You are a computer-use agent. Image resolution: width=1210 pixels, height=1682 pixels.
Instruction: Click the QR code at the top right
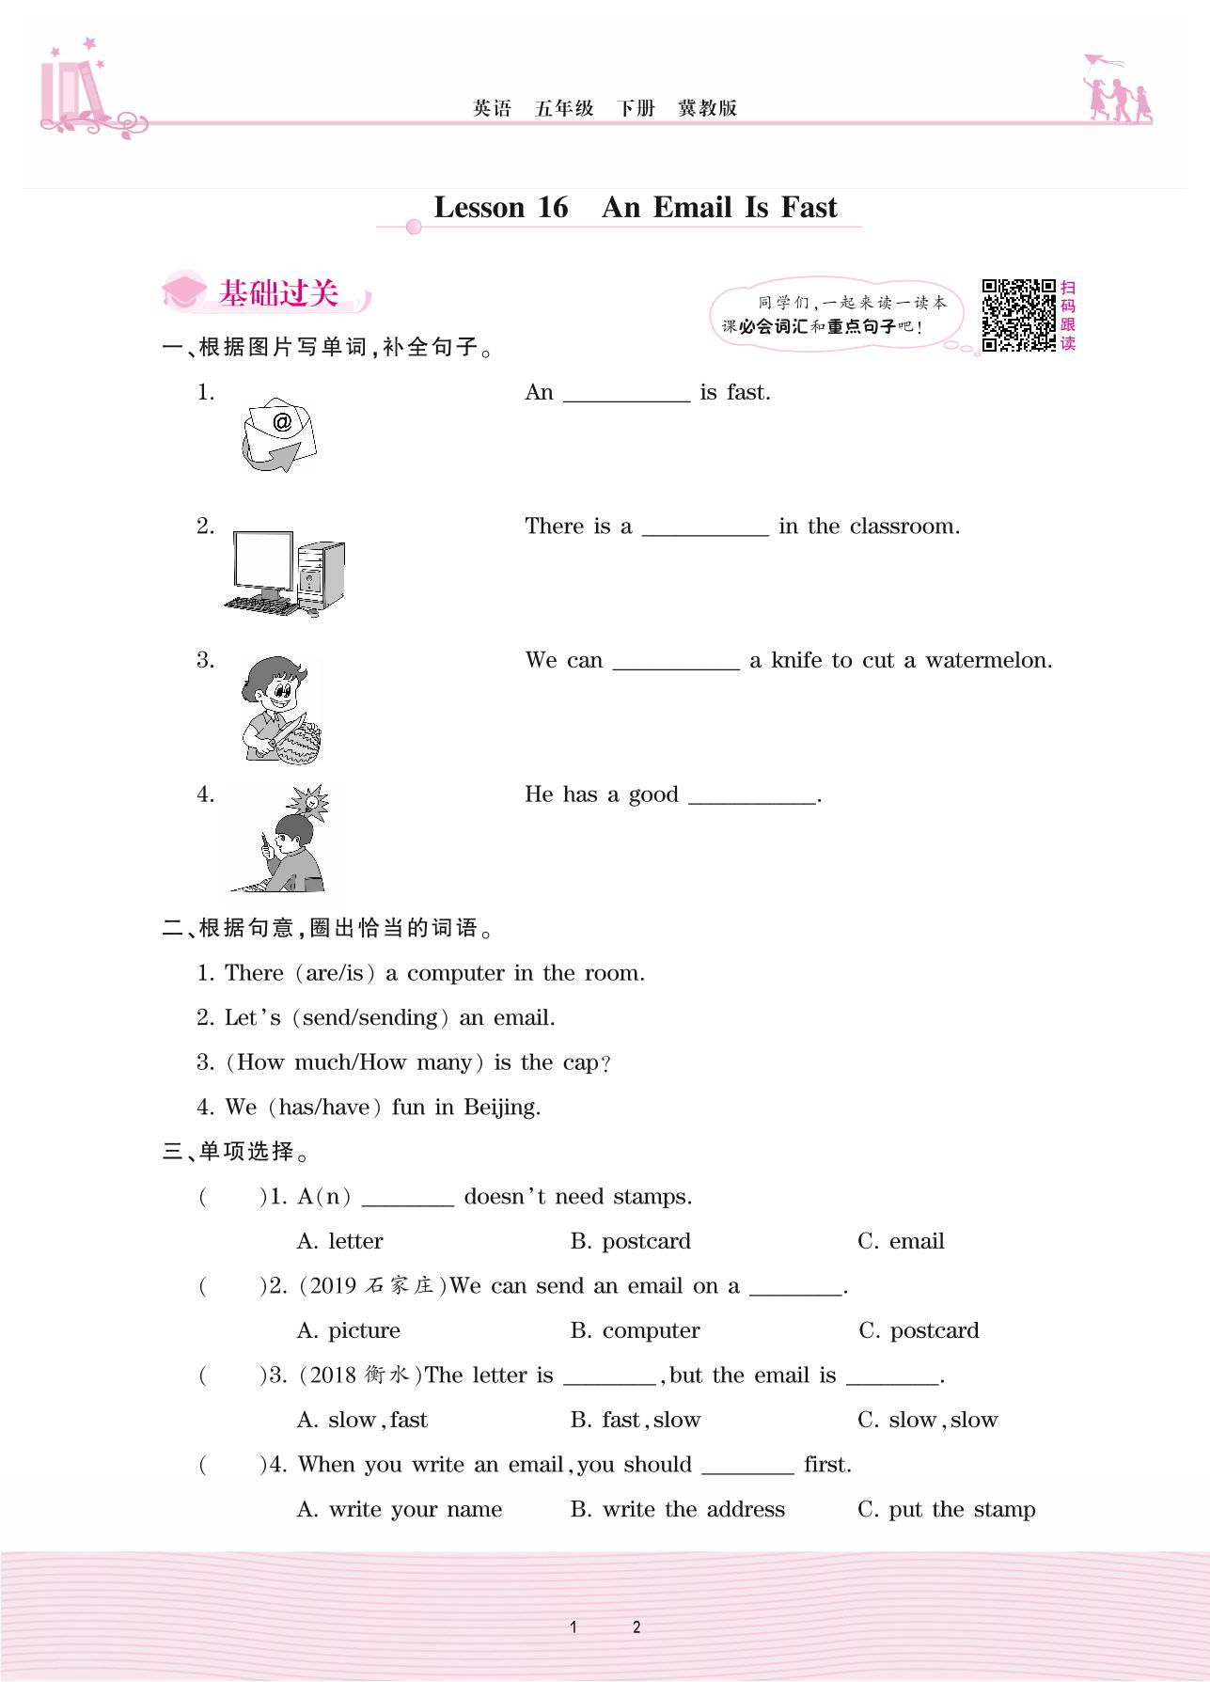pos(1019,314)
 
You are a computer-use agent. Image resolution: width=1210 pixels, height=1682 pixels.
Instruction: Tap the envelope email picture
pos(279,435)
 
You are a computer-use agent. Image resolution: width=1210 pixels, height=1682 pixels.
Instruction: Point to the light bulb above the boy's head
pos(309,803)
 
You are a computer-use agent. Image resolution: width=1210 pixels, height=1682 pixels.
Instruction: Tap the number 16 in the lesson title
pos(553,207)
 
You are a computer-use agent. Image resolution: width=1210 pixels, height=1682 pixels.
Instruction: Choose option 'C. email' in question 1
pos(901,1241)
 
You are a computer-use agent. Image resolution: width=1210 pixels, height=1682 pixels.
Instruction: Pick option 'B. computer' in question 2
pos(636,1330)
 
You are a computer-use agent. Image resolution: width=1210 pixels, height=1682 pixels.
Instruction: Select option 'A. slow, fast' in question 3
pos(362,1420)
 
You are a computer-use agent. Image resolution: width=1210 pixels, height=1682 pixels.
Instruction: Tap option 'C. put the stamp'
pos(947,1509)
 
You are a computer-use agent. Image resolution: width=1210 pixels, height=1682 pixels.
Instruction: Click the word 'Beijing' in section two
pos(502,1108)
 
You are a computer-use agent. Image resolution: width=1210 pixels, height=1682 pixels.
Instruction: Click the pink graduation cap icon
pos(183,292)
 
